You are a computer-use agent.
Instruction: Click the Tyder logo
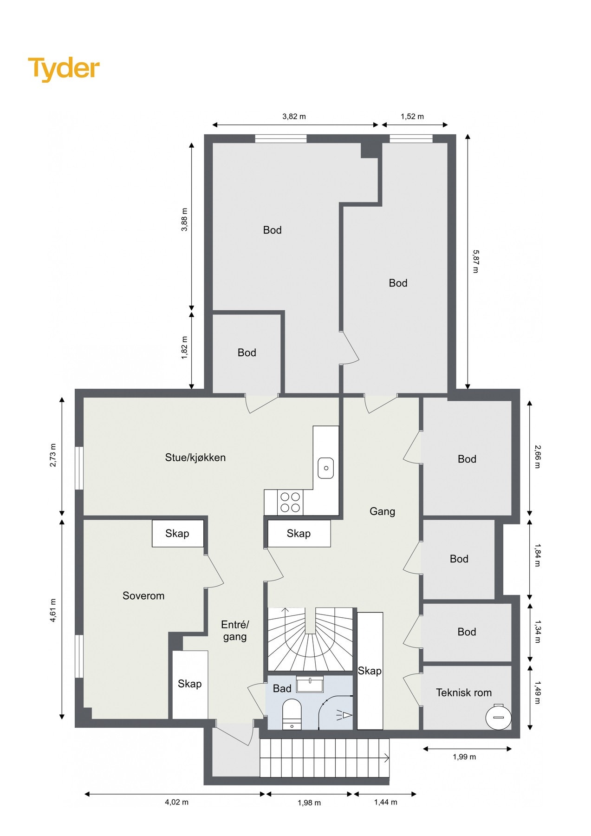pyautogui.click(x=64, y=69)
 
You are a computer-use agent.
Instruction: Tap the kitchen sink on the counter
pyautogui.click(x=325, y=468)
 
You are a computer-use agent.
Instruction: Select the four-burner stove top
pyautogui.click(x=290, y=502)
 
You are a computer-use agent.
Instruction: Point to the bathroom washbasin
pyautogui.click(x=310, y=685)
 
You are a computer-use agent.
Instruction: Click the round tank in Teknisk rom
pyautogui.click(x=498, y=717)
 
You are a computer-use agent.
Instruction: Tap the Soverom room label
pyautogui.click(x=143, y=596)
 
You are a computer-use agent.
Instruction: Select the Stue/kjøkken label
pyautogui.click(x=195, y=457)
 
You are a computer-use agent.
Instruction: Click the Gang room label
pyautogui.click(x=382, y=511)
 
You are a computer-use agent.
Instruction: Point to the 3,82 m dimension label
pyautogui.click(x=294, y=117)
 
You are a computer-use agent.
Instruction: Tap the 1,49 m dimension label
pyautogui.click(x=537, y=692)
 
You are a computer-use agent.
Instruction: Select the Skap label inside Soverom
pyautogui.click(x=177, y=533)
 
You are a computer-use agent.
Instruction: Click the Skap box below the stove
pyautogui.click(x=299, y=534)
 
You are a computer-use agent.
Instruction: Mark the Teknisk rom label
pyautogui.click(x=463, y=692)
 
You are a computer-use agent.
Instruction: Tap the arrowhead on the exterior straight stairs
pyautogui.click(x=386, y=758)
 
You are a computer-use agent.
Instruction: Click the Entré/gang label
pyautogui.click(x=235, y=631)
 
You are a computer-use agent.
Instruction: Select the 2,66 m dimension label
pyautogui.click(x=537, y=457)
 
